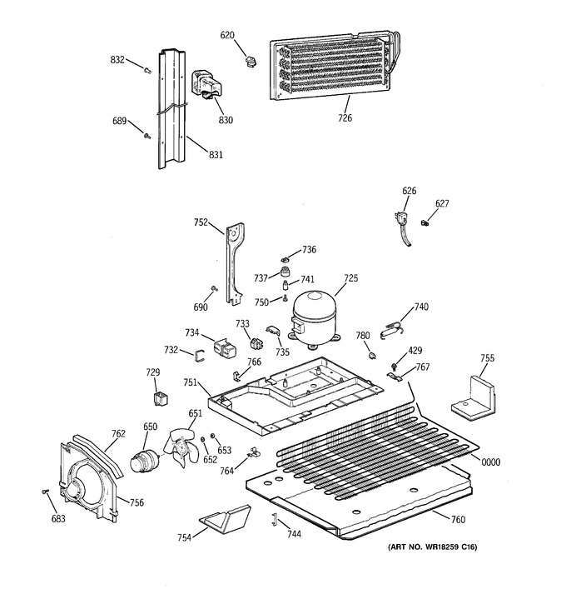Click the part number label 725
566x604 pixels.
click(x=350, y=277)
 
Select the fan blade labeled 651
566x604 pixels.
click(x=181, y=447)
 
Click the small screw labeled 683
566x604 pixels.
click(x=45, y=492)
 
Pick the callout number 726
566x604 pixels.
click(x=345, y=117)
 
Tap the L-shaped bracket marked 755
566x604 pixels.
click(x=474, y=398)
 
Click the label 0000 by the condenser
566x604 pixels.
click(x=491, y=462)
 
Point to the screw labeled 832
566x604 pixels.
click(x=148, y=70)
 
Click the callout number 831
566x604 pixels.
click(x=216, y=154)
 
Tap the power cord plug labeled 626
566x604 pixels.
click(x=403, y=229)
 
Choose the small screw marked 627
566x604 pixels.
click(x=424, y=222)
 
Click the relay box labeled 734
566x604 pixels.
click(x=225, y=347)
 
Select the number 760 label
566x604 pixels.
click(x=458, y=520)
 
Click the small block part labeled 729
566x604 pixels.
click(x=160, y=398)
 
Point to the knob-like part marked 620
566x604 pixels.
click(x=251, y=61)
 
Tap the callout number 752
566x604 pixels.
click(x=201, y=222)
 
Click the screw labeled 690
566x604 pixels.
click(x=215, y=288)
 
